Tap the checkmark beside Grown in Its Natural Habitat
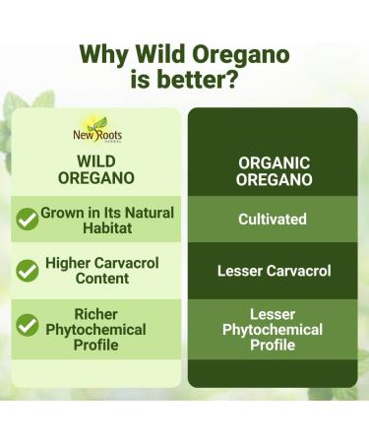(x=28, y=219)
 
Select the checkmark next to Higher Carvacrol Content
(x=28, y=270)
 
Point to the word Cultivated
(x=273, y=220)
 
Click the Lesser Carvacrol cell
(x=273, y=271)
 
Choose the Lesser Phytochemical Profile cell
(x=273, y=330)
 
